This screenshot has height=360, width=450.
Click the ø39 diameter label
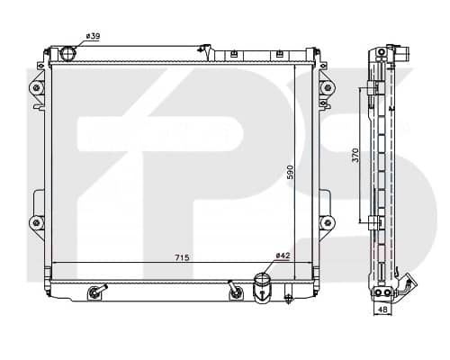(x=93, y=36)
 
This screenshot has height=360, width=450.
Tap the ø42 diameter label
(x=283, y=256)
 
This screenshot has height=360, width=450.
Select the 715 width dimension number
(x=182, y=257)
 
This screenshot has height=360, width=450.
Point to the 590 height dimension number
(x=290, y=172)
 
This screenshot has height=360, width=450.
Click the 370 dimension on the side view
(x=355, y=155)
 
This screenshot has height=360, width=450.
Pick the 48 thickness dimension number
(x=382, y=309)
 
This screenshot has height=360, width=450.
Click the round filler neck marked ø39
(x=68, y=54)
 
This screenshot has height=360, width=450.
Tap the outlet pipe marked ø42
(x=262, y=287)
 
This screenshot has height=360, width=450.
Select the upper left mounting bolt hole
(x=37, y=87)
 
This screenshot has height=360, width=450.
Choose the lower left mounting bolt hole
(x=37, y=222)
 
